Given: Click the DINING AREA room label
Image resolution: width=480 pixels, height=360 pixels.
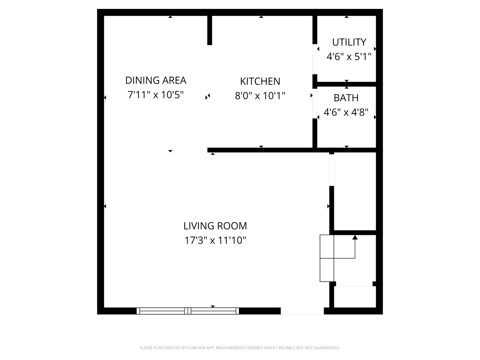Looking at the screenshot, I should (156, 80).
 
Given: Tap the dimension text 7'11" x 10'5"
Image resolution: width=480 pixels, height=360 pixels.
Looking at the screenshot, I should (156, 95).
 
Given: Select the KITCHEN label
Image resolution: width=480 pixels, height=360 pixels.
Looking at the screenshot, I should (260, 81).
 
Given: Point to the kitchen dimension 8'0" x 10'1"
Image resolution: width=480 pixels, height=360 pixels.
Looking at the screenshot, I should (260, 96).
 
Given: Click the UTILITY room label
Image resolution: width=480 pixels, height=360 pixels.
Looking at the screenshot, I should (349, 42).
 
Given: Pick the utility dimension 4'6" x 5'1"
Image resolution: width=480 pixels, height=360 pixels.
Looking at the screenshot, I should (349, 57).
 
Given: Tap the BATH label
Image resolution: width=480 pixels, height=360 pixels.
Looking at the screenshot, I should (346, 98).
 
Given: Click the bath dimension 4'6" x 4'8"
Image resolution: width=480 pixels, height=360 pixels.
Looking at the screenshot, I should (346, 112).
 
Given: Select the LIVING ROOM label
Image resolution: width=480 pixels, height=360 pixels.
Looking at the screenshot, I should (215, 226).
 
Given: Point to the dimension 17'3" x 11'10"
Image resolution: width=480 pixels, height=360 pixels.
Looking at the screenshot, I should (215, 240).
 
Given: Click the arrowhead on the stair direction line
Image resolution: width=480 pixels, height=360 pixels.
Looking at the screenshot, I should (355, 237).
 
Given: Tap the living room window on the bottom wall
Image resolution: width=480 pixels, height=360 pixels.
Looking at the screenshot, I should (188, 311).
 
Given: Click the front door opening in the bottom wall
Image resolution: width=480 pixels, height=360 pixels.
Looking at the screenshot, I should (302, 311).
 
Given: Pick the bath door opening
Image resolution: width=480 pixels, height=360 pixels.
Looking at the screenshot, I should (315, 103).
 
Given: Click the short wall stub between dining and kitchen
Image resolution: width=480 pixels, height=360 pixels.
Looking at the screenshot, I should (210, 30).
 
